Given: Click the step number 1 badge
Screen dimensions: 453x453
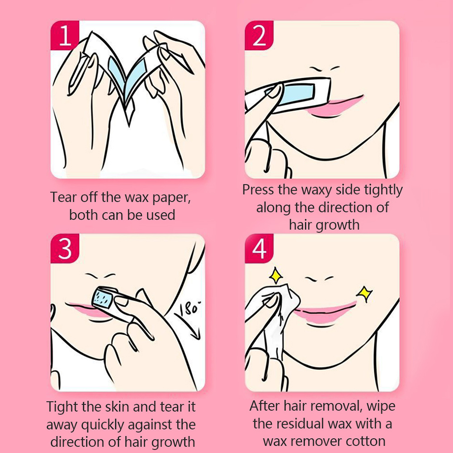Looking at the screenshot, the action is tap(65, 35).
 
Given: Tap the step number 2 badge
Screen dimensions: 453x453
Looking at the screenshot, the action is tap(259, 35).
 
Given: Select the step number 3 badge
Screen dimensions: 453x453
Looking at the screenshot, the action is tap(65, 249).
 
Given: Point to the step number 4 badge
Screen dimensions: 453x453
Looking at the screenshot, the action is tap(259, 249).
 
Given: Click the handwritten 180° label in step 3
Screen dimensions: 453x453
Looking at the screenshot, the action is tap(190, 308).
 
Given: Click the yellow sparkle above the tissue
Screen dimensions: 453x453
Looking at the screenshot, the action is tap(276, 275).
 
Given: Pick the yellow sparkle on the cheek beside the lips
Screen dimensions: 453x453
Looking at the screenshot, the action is tap(364, 294).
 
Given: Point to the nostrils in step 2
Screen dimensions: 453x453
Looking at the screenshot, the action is tap(325, 69).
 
